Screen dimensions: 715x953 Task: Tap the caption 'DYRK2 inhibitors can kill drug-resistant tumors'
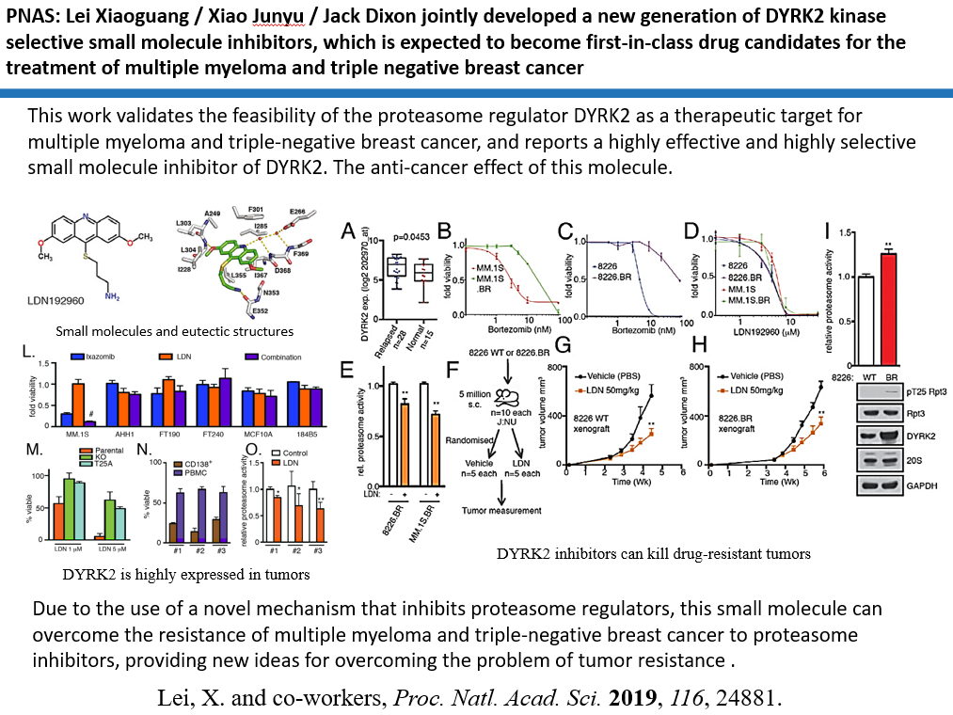[654, 553]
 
